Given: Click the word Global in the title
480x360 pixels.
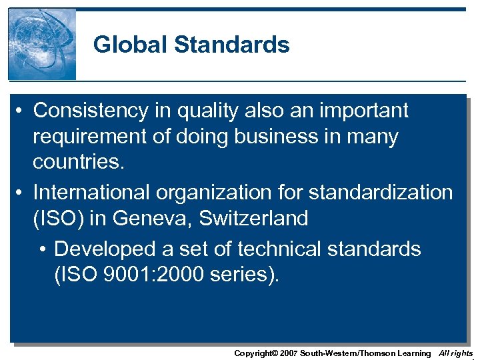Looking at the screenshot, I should tap(130, 45).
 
